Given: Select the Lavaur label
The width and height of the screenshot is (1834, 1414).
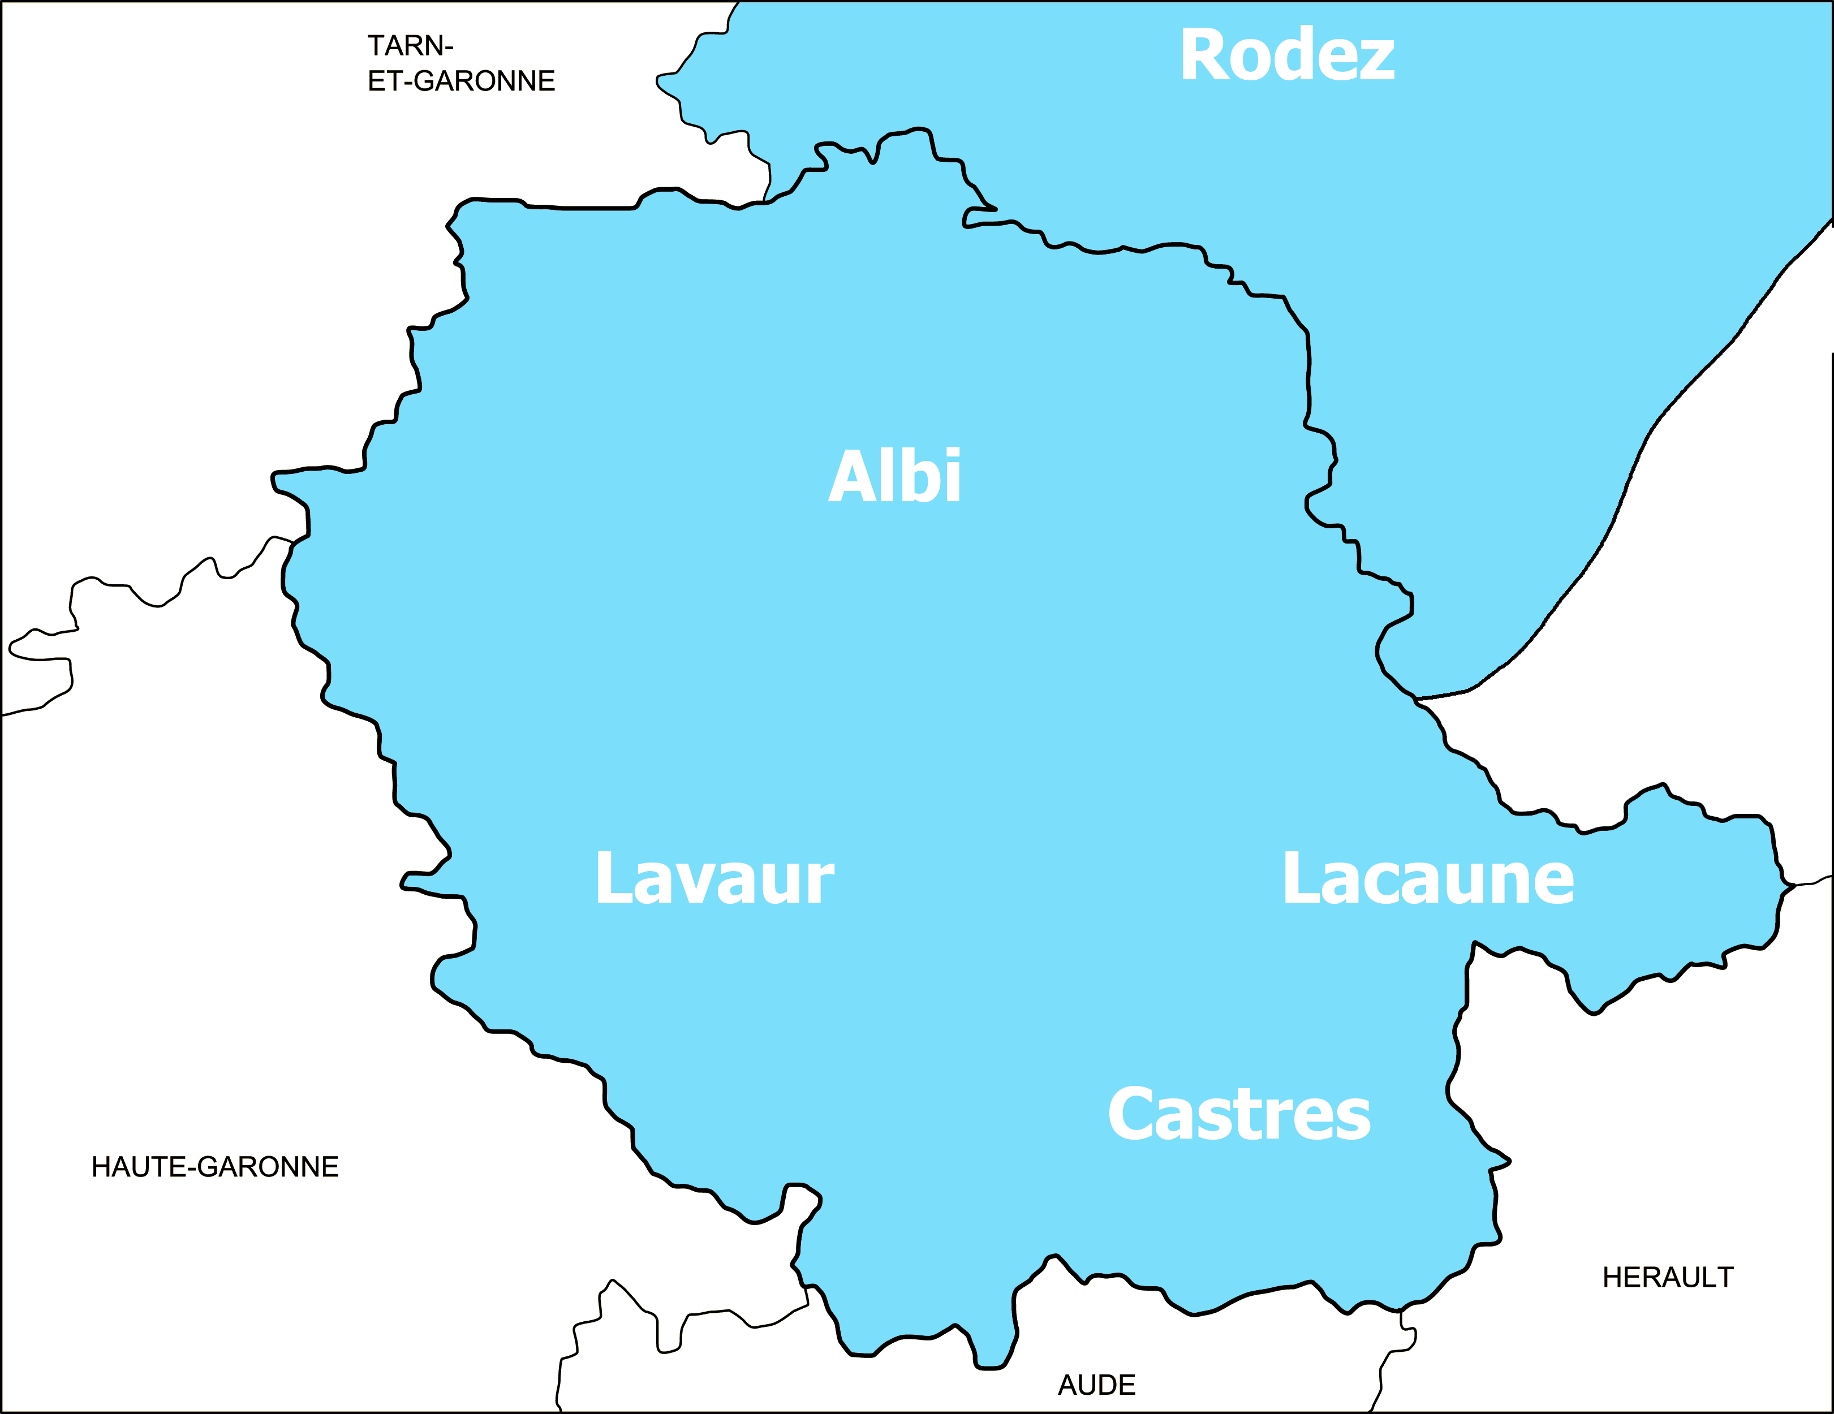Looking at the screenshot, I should (714, 878).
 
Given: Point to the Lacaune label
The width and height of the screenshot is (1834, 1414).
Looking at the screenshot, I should (1428, 878).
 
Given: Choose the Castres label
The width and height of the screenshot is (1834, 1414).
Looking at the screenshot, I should (1239, 1114).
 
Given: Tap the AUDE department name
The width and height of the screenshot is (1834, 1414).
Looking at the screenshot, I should (1097, 1385).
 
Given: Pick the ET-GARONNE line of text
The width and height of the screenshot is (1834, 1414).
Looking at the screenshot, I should (461, 81).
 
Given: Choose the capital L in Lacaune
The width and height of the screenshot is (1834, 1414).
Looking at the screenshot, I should (1300, 878).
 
